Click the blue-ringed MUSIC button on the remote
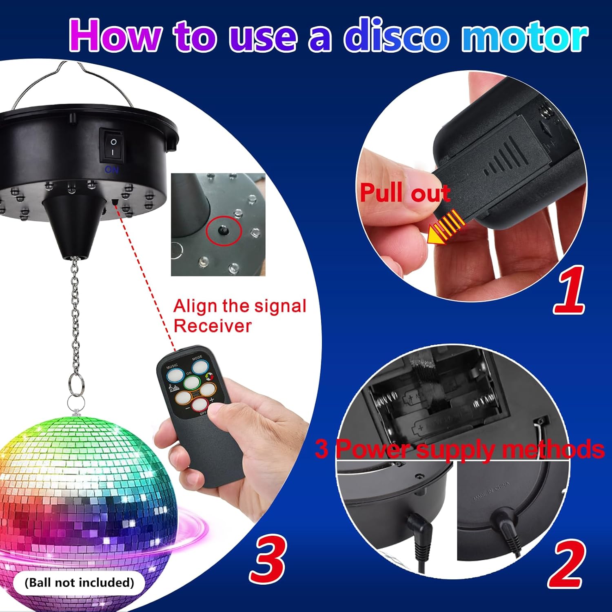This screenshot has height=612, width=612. pyautogui.click(x=174, y=374)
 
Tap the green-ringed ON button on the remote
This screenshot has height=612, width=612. pyautogui.click(x=191, y=382)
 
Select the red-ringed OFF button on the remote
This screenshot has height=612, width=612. pyautogui.click(x=200, y=405)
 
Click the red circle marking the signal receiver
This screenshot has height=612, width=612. pyautogui.click(x=224, y=231)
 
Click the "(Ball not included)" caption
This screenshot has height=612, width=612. pyautogui.click(x=79, y=582)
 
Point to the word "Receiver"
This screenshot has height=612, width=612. pyautogui.click(x=212, y=326)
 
